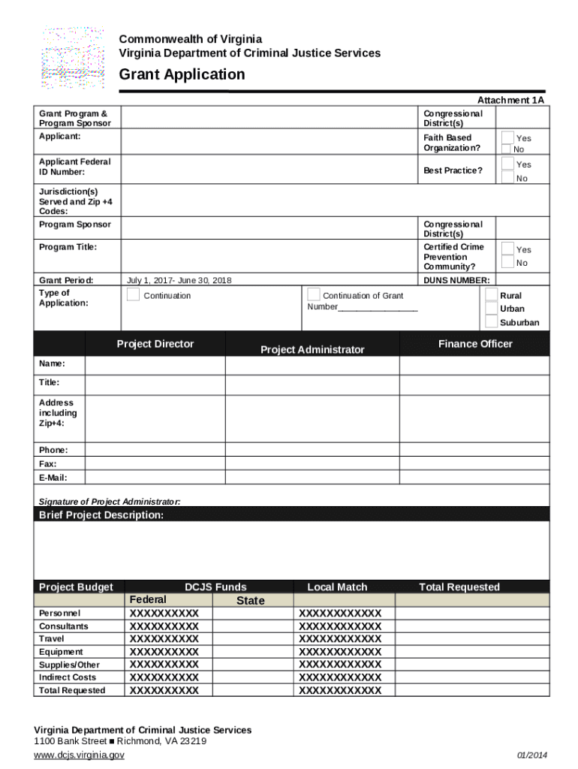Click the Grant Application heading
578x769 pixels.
pos(182,74)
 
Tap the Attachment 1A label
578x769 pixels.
pos(510,100)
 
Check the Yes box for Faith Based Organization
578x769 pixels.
pos(508,137)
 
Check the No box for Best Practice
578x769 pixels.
pos(508,177)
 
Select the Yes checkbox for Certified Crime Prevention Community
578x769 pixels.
pos(508,249)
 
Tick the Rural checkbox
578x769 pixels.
pos(491,295)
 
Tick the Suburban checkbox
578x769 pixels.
pos(491,322)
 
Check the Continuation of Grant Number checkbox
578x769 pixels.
pos(314,295)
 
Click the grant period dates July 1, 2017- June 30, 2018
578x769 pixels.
pos(179,280)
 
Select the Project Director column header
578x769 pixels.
pos(155,344)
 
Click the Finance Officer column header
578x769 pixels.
pos(474,344)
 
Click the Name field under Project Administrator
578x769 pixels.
pos(312,365)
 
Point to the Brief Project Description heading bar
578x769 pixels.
pos(291,514)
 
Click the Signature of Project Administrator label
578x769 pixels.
pos(110,502)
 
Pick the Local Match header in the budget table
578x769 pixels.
pos(337,587)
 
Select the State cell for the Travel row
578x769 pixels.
pos(250,639)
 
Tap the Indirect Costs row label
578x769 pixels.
pos(68,677)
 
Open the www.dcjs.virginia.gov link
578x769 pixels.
pos(80,755)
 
